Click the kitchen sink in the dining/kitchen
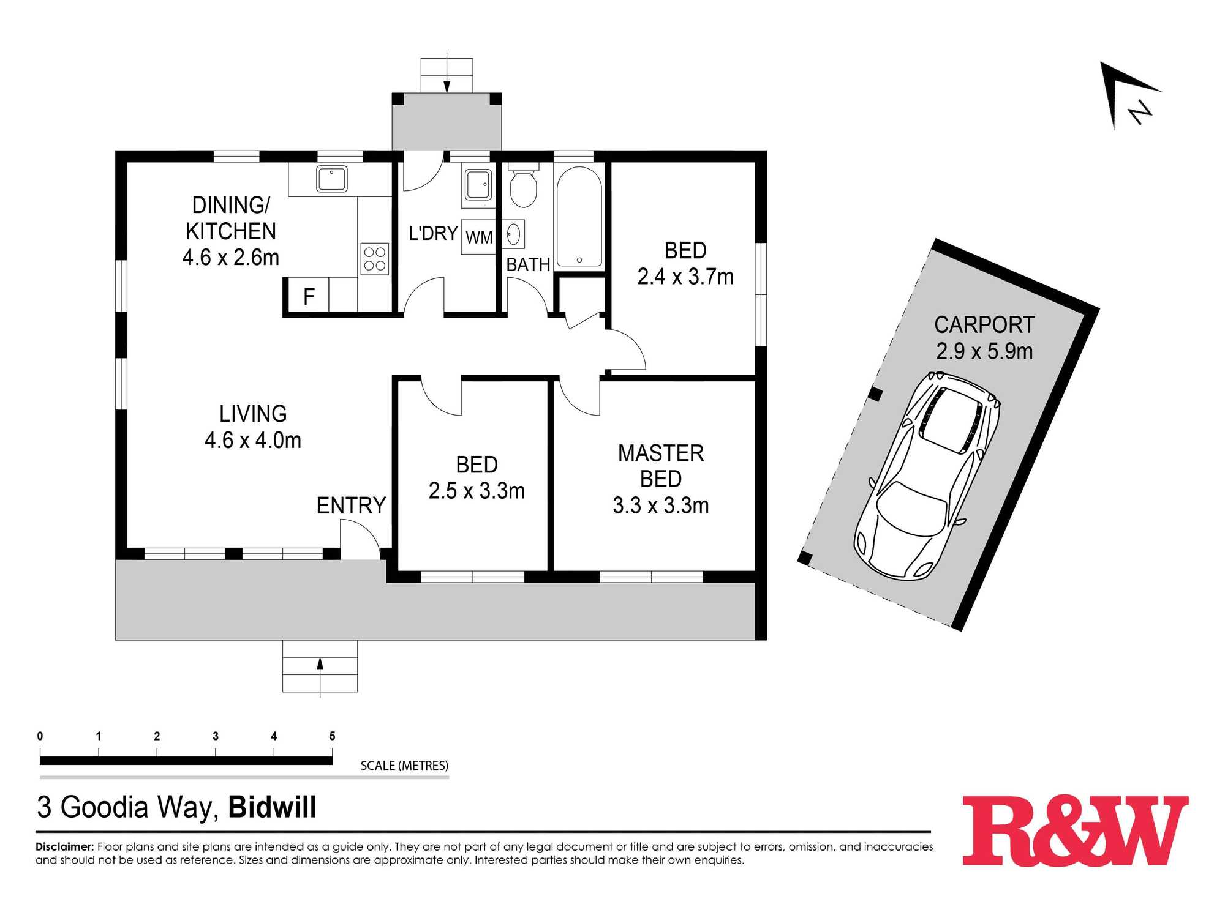pos(332,179)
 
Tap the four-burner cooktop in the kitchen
pos(374,259)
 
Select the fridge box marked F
pos(309,296)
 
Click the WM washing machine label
pos(479,237)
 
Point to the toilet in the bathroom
pos(523,186)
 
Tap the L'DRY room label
pos(433,233)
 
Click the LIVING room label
pos(253,414)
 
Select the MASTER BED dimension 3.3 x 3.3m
pos(661,506)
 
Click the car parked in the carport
pos(926,475)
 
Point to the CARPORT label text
pos(984,325)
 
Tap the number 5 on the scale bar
pos(332,736)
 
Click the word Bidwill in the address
pos(273,807)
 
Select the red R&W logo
pos(1076,830)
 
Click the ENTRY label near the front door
pos(351,506)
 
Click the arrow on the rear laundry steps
pos(447,73)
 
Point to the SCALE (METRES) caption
pos(404,766)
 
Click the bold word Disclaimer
pos(65,847)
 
